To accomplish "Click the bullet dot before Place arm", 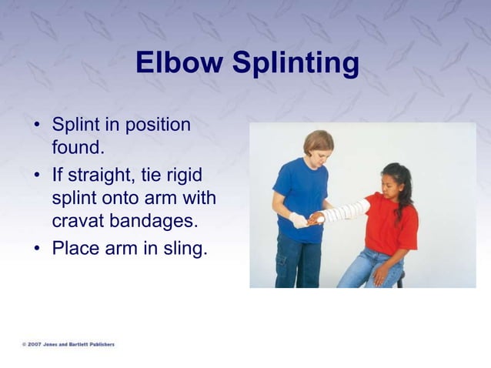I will [x=37, y=249].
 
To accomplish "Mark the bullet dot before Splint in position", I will [x=37, y=125].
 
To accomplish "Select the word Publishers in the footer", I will [x=97, y=344].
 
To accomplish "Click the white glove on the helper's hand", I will [x=299, y=220].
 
